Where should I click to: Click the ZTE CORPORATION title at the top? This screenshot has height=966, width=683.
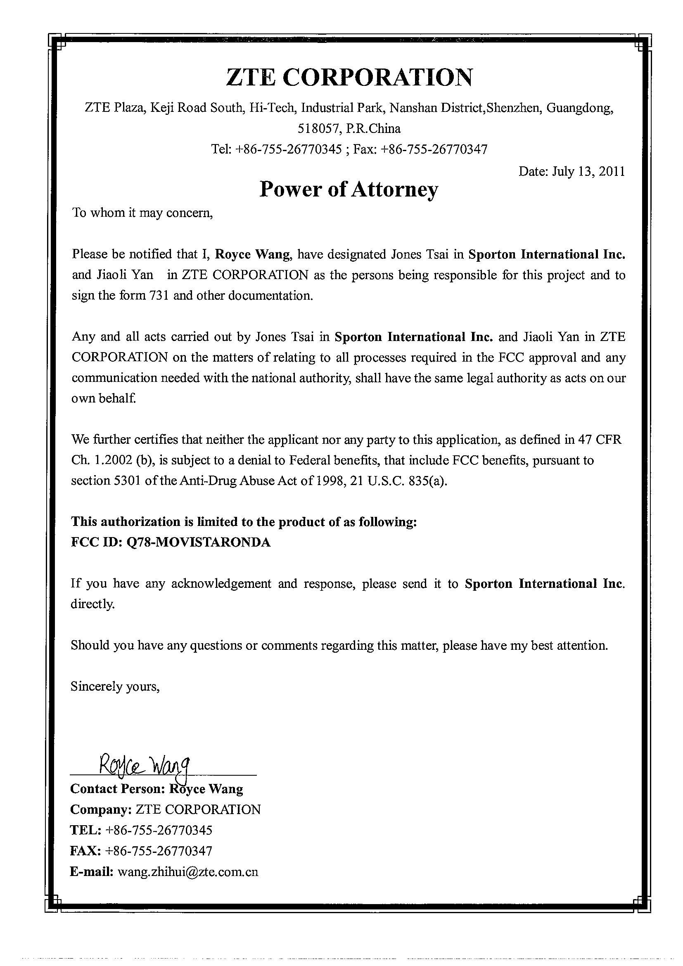(349, 77)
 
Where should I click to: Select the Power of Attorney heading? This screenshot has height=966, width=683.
(349, 189)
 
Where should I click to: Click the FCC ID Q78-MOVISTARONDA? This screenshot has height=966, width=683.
(198, 542)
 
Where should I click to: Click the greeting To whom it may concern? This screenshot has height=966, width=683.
(143, 213)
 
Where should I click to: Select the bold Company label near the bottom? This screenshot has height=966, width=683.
(100, 810)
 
